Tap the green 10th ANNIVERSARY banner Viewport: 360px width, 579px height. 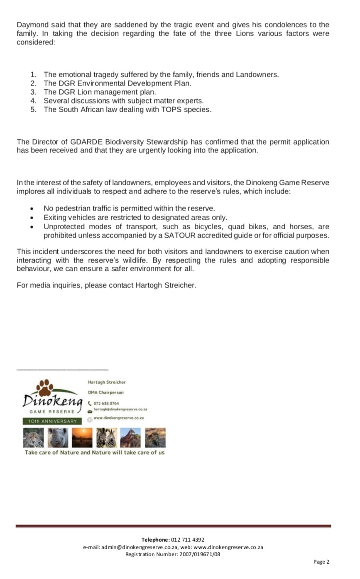50,421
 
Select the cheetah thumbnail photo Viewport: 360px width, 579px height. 33,438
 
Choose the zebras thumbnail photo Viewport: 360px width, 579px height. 106,438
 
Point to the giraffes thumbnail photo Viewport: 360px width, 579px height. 130,438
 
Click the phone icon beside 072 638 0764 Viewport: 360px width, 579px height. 90,403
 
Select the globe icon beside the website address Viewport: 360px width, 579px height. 90,419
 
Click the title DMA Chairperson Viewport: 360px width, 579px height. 105,392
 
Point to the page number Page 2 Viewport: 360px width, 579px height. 321,562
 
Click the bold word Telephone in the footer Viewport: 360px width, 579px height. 155,540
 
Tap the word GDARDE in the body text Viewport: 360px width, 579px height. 69,142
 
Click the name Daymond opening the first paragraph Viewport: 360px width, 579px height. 32,25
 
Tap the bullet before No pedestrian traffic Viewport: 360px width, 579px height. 32,209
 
